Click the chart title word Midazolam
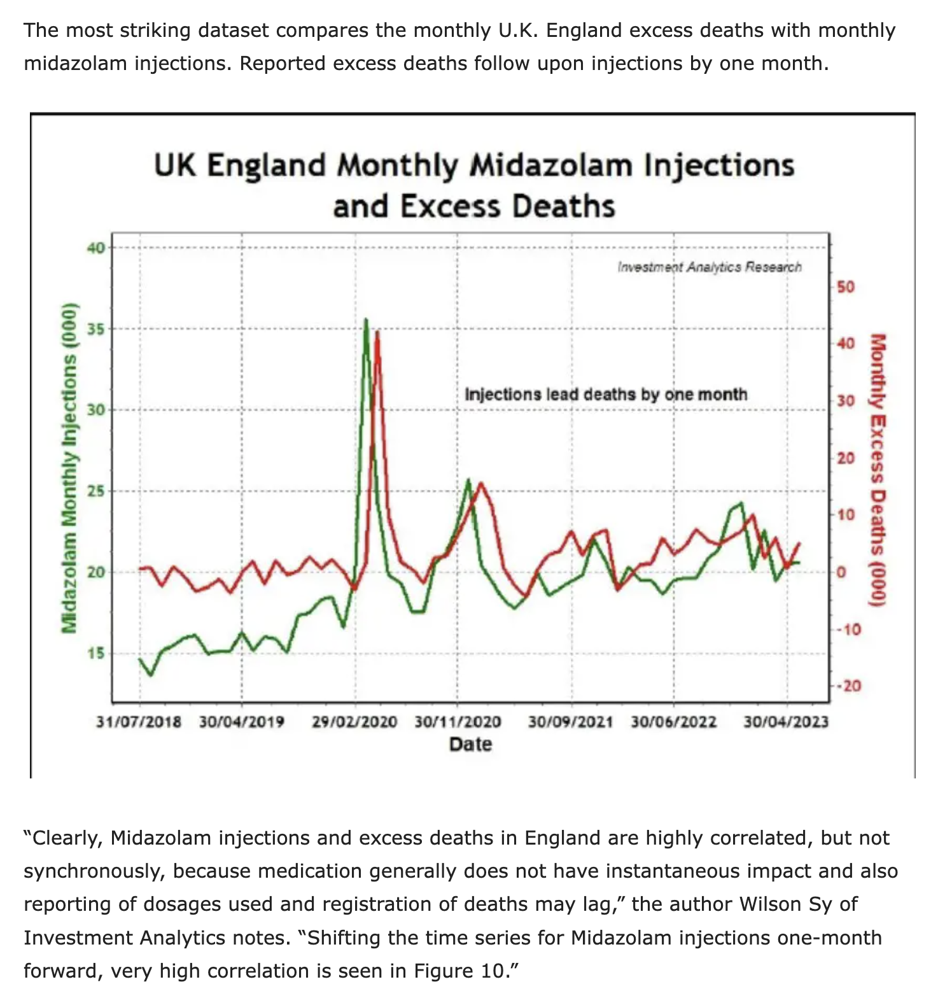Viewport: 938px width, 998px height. [551, 165]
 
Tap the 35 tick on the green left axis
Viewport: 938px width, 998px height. [96, 329]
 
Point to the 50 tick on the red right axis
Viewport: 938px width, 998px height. [846, 287]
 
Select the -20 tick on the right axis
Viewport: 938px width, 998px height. [848, 686]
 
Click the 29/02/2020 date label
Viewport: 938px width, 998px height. [354, 722]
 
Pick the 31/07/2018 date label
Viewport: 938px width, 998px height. [139, 722]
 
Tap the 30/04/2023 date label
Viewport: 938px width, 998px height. [786, 722]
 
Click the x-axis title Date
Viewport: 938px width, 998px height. [470, 744]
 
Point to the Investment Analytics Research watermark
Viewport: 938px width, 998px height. [710, 267]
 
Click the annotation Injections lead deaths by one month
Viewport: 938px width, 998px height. [606, 395]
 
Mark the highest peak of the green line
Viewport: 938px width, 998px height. [365, 319]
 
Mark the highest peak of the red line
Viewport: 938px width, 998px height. [377, 332]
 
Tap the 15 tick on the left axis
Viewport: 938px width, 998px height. [96, 654]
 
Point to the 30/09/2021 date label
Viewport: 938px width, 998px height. [570, 722]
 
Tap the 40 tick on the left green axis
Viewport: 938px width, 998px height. [96, 248]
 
